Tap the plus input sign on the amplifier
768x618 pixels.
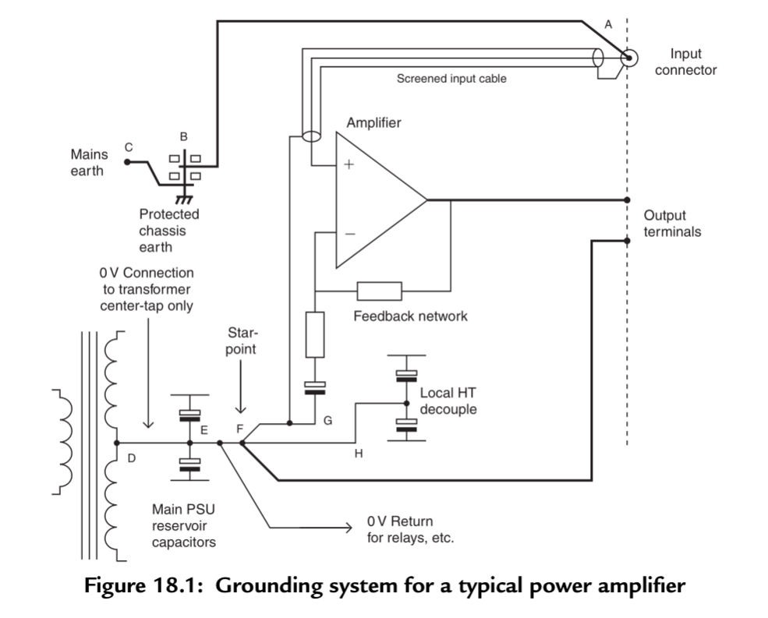click(x=349, y=165)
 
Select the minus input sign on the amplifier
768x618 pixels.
click(x=349, y=233)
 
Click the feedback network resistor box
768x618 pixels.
click(x=380, y=291)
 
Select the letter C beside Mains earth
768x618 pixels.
click(x=129, y=147)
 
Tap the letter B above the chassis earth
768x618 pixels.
click(x=184, y=136)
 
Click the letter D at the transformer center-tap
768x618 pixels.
click(x=131, y=459)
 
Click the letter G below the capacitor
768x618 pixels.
click(x=327, y=421)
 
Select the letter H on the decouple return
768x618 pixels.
click(x=359, y=454)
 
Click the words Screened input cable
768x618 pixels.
click(x=451, y=79)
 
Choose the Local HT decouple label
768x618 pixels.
click(x=448, y=400)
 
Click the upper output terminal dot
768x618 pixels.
click(x=628, y=200)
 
